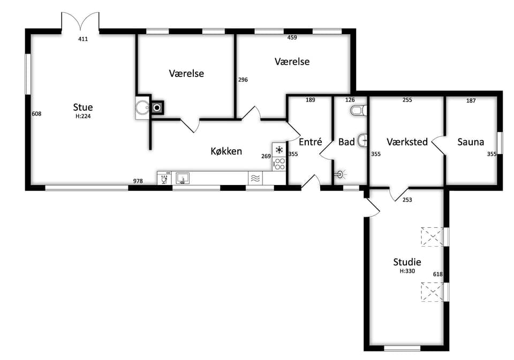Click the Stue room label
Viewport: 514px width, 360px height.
(83, 107)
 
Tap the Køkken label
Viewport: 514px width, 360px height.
(226, 151)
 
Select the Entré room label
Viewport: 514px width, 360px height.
(311, 142)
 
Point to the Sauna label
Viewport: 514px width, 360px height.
(471, 142)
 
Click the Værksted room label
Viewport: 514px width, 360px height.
(407, 142)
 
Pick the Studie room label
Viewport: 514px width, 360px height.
(407, 262)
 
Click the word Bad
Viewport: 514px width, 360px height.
(346, 142)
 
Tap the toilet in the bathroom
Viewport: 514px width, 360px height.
(359, 111)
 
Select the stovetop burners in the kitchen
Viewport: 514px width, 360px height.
(279, 164)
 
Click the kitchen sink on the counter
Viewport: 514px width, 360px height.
(183, 178)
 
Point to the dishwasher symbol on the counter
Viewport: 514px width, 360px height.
(164, 178)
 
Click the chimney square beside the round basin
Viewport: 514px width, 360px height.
(157, 107)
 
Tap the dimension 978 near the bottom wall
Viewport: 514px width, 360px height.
(138, 181)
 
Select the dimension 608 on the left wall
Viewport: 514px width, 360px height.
(36, 113)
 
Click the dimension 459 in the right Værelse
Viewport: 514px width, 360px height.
(292, 37)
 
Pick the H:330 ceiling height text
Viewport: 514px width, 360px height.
(407, 271)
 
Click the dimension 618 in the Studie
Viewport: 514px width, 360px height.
(438, 274)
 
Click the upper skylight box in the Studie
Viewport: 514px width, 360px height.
(433, 236)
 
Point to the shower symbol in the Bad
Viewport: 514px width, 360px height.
(341, 174)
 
